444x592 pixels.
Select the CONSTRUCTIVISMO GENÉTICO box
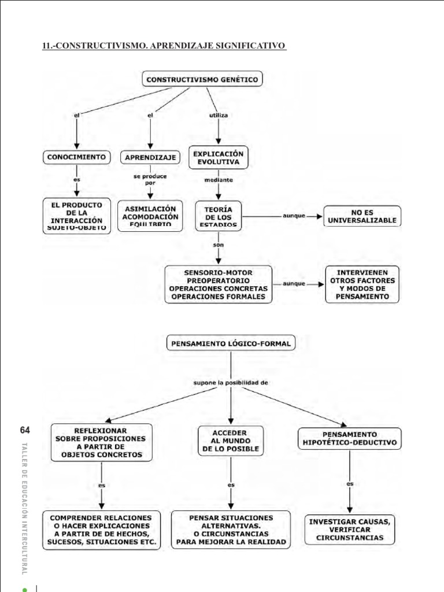[x=202, y=80]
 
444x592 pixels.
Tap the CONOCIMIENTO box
[x=76, y=157]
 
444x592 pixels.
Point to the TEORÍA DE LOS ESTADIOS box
[x=219, y=216]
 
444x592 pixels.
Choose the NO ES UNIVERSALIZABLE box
[x=362, y=216]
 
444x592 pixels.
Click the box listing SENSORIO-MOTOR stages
[x=218, y=284]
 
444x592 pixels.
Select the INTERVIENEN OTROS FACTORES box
[x=362, y=284]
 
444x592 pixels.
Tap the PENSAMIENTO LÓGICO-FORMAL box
[x=231, y=343]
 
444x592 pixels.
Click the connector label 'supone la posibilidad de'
[x=231, y=383]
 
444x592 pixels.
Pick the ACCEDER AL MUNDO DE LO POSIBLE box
[x=231, y=441]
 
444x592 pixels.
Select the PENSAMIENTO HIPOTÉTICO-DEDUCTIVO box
[x=349, y=439]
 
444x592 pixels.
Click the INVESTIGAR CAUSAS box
[x=350, y=529]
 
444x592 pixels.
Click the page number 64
[x=24, y=430]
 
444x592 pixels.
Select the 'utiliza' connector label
[x=218, y=116]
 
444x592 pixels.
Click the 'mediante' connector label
[x=219, y=180]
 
